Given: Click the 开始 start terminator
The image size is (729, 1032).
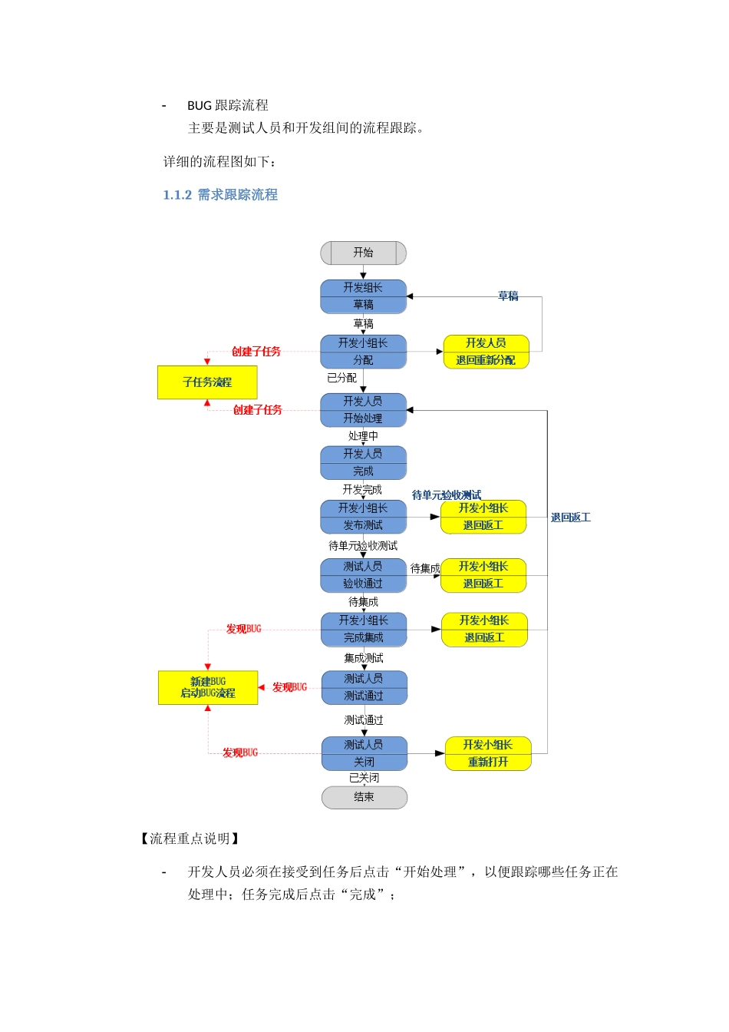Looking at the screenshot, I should pos(363,253).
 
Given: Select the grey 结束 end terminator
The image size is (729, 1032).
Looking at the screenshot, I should pos(364,797).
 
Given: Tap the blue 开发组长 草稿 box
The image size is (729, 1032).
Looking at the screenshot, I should pos(363,296).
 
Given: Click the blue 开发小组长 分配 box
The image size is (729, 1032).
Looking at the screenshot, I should pos(363,352).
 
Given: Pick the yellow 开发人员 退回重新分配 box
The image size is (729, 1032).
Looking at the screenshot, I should pos(486,352).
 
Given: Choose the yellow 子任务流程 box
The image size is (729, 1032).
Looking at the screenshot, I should pos(207,382).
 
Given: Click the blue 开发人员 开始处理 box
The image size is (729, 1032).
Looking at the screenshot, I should pos(363,410).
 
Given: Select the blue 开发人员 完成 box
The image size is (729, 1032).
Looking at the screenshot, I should pos(363,463).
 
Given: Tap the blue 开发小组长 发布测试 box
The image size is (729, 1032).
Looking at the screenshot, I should pos(363,517).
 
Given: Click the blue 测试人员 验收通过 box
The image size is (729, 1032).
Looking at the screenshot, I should pos(363,575).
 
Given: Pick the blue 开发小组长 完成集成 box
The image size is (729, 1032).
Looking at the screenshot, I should pos(364,629).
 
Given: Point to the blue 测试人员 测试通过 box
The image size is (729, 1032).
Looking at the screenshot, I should pos(364,687).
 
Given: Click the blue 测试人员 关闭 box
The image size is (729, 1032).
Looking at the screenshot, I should pos(364,753).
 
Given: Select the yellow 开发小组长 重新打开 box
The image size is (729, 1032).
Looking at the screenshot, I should pos(488,753).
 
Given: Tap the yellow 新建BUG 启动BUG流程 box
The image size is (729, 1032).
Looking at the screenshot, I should pos(208,687).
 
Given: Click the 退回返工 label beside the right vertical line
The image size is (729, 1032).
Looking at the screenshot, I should pos(570,518).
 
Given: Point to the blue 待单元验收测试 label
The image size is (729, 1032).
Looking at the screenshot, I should pos(447,495).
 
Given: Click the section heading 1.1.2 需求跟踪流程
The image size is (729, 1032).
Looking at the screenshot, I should pos(220,195).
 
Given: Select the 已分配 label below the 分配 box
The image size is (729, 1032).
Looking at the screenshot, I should pos(341,378).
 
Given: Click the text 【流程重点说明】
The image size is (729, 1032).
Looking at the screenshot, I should pos(190,838).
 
